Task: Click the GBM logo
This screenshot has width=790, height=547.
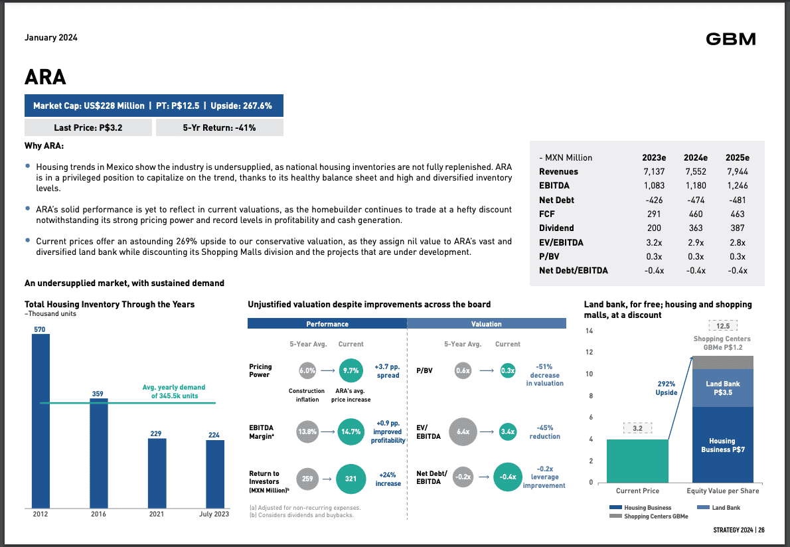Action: [x=730, y=39]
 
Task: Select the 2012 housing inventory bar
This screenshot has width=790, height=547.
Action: [x=41, y=418]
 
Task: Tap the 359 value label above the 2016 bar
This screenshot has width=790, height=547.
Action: [x=98, y=394]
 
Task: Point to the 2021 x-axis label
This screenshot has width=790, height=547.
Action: [x=156, y=514]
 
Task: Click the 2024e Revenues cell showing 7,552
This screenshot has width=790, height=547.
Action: [x=695, y=172]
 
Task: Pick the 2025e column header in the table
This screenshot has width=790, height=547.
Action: [x=736, y=157]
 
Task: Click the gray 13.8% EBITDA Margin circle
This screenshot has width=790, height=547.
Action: [x=307, y=431]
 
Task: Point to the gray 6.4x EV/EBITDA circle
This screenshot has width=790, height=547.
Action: [x=463, y=431]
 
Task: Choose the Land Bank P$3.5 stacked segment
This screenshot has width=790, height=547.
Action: [x=722, y=388]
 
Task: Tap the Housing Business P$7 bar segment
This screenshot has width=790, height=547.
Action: [x=722, y=445]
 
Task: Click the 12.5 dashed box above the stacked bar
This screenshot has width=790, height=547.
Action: [x=723, y=326]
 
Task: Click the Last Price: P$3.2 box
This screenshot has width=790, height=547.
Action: [x=88, y=127]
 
